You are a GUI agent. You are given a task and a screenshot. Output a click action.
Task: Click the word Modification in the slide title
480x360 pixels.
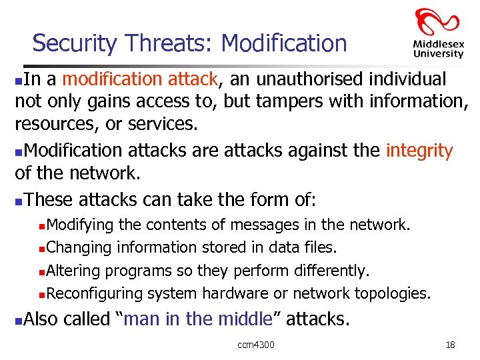point(284,43)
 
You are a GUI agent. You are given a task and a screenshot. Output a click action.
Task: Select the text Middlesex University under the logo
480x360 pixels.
point(437,48)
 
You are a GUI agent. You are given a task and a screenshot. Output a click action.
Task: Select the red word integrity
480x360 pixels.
point(419,151)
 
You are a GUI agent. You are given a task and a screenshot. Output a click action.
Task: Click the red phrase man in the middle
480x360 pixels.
point(198,319)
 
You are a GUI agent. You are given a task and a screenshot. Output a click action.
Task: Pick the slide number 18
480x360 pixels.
point(450,345)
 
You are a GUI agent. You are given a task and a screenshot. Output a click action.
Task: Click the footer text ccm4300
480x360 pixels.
point(256,345)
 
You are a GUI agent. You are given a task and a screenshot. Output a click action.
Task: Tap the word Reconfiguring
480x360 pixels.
point(95,293)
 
